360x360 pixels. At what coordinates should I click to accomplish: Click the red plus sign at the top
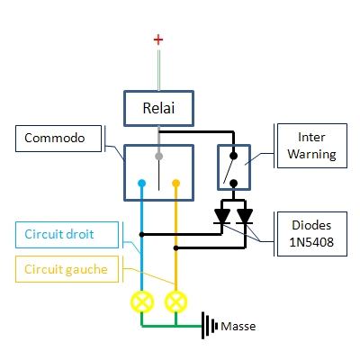158,40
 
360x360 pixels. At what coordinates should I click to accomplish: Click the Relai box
158,108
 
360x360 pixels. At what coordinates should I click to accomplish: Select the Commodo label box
58,139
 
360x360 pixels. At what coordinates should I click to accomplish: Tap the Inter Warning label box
312,146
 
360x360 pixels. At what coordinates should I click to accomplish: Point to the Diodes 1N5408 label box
312,234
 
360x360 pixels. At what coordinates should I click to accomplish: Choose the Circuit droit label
67,235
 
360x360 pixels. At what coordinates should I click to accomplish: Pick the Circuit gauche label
67,269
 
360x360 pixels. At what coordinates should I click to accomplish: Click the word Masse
238,327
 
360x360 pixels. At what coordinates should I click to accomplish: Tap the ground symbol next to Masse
210,326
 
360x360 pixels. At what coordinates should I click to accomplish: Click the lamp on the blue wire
142,302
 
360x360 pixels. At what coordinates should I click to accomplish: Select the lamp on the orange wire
175,302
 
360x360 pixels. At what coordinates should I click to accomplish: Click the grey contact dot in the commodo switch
158,157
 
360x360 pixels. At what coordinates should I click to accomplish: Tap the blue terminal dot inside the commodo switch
141,183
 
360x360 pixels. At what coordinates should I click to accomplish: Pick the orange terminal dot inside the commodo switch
175,183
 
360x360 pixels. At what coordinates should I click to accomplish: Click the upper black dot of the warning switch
233,156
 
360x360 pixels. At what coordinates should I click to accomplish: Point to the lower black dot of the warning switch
233,183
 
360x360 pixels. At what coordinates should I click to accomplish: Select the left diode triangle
222,216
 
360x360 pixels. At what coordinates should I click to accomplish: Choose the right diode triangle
245,216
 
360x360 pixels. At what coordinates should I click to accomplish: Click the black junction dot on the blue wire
142,235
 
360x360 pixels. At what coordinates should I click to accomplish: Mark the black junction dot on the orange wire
176,248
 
